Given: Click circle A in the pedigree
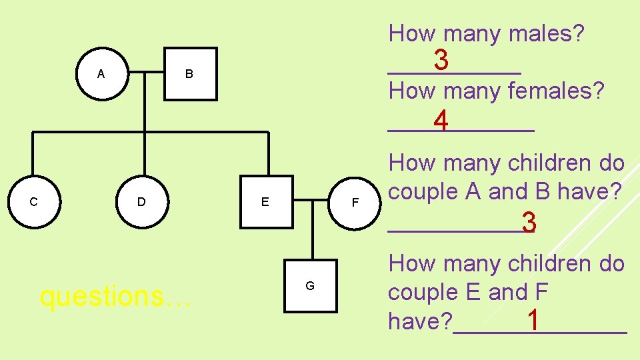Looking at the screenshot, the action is [x=101, y=74].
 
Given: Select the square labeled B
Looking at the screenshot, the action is [x=190, y=74].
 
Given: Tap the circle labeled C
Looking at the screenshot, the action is [x=33, y=201].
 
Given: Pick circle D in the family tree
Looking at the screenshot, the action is [x=141, y=201].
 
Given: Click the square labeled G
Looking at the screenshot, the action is [x=310, y=286].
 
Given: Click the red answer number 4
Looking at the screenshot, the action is [x=440, y=122].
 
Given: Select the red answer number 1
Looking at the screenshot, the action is [x=533, y=320].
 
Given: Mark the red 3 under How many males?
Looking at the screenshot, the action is [x=441, y=61].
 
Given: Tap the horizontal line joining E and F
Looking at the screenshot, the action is [x=311, y=199].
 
